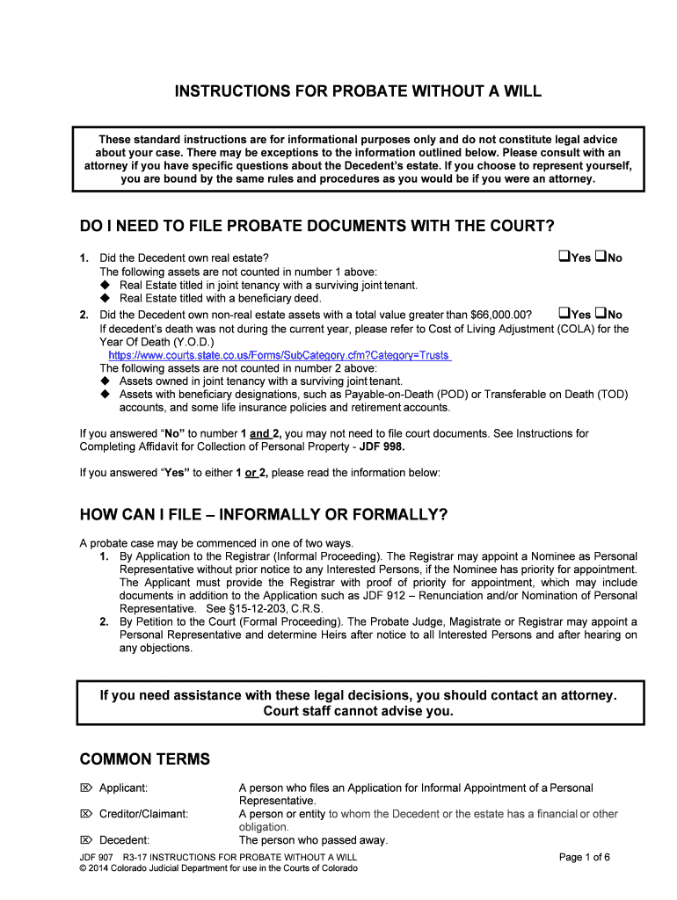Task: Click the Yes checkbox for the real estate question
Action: pyautogui.click(x=564, y=257)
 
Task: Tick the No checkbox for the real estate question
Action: pyautogui.click(x=600, y=257)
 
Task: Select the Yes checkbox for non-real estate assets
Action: pyautogui.click(x=564, y=313)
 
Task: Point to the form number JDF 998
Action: pyautogui.click(x=381, y=446)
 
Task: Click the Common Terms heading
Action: pyautogui.click(x=145, y=758)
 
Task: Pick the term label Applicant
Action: pyautogui.click(x=123, y=787)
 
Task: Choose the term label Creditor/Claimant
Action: pyautogui.click(x=143, y=814)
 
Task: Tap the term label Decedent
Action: pyautogui.click(x=124, y=840)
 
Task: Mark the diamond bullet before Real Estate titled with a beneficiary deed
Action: pyautogui.click(x=106, y=298)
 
